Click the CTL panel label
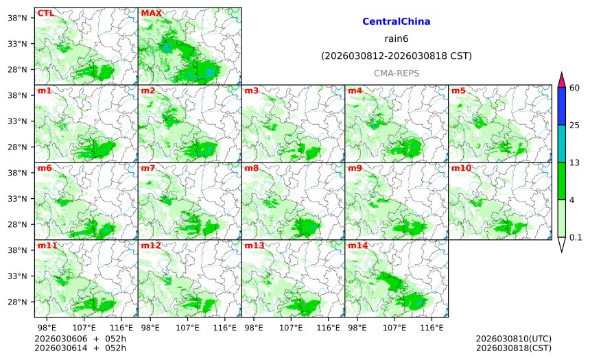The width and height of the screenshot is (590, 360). tap(45, 13)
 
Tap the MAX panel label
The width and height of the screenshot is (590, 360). tap(151, 13)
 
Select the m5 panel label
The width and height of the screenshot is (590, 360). tap(458, 91)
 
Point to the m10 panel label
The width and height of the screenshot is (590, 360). tap(461, 168)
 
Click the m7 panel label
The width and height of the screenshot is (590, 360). tap(148, 168)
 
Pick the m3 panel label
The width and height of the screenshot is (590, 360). tap(251, 91)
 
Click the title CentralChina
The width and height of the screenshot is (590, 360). tap(396, 22)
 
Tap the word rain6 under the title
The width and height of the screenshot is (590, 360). tap(396, 38)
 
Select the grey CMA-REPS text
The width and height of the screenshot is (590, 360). tap(396, 73)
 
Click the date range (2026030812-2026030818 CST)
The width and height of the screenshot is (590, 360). tap(396, 56)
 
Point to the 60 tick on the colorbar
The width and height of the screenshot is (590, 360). tap(575, 87)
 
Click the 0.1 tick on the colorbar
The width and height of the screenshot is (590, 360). tap(576, 238)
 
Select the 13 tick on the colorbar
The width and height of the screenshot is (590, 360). tap(575, 163)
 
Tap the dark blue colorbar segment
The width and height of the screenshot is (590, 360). tap(562, 106)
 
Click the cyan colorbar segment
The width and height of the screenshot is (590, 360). tap(562, 143)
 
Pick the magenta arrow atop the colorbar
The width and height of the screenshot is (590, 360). tap(562, 80)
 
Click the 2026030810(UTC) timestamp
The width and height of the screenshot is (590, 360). tap(513, 339)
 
